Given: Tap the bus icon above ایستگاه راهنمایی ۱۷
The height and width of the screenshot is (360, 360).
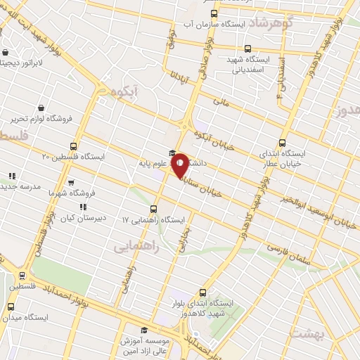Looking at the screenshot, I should tap(153, 208).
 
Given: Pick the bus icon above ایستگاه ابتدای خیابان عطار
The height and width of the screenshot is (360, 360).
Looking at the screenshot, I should tap(283, 141).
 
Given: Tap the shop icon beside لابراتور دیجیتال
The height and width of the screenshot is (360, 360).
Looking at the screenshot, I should tap(6, 52).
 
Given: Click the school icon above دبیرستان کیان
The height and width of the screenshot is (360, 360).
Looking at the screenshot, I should tap(83, 207).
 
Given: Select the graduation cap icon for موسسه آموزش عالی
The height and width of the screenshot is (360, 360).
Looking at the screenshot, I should tap(143, 330).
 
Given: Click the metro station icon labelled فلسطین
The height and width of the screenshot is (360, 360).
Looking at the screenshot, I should tap(22, 276).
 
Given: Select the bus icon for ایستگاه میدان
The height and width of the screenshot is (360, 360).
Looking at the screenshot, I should tap(11, 307).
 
